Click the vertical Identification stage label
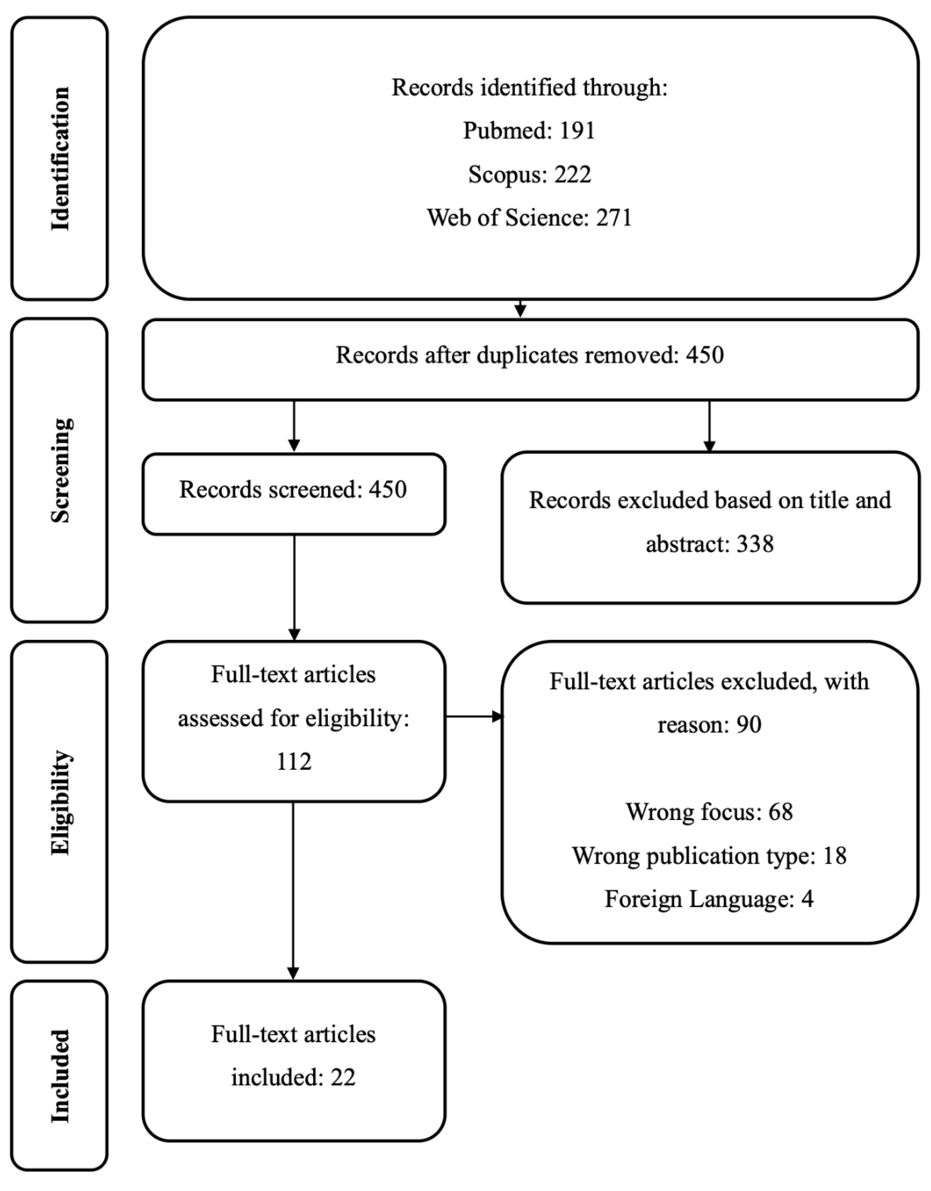(x=60, y=158)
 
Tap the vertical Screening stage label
(x=60, y=470)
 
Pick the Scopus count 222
(x=573, y=174)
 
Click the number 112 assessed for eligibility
(x=294, y=762)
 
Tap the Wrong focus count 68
(x=780, y=812)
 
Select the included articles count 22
(x=343, y=1078)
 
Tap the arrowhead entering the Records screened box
(x=294, y=445)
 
